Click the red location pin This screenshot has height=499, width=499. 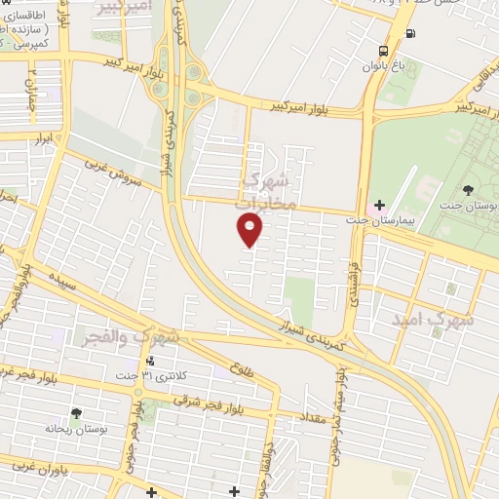[250, 229]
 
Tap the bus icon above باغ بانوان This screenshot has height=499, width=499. [383, 51]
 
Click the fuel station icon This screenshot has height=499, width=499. [406, 34]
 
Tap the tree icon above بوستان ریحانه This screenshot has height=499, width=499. [76, 414]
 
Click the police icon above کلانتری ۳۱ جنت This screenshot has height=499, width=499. [148, 360]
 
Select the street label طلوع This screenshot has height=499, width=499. [241, 369]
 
